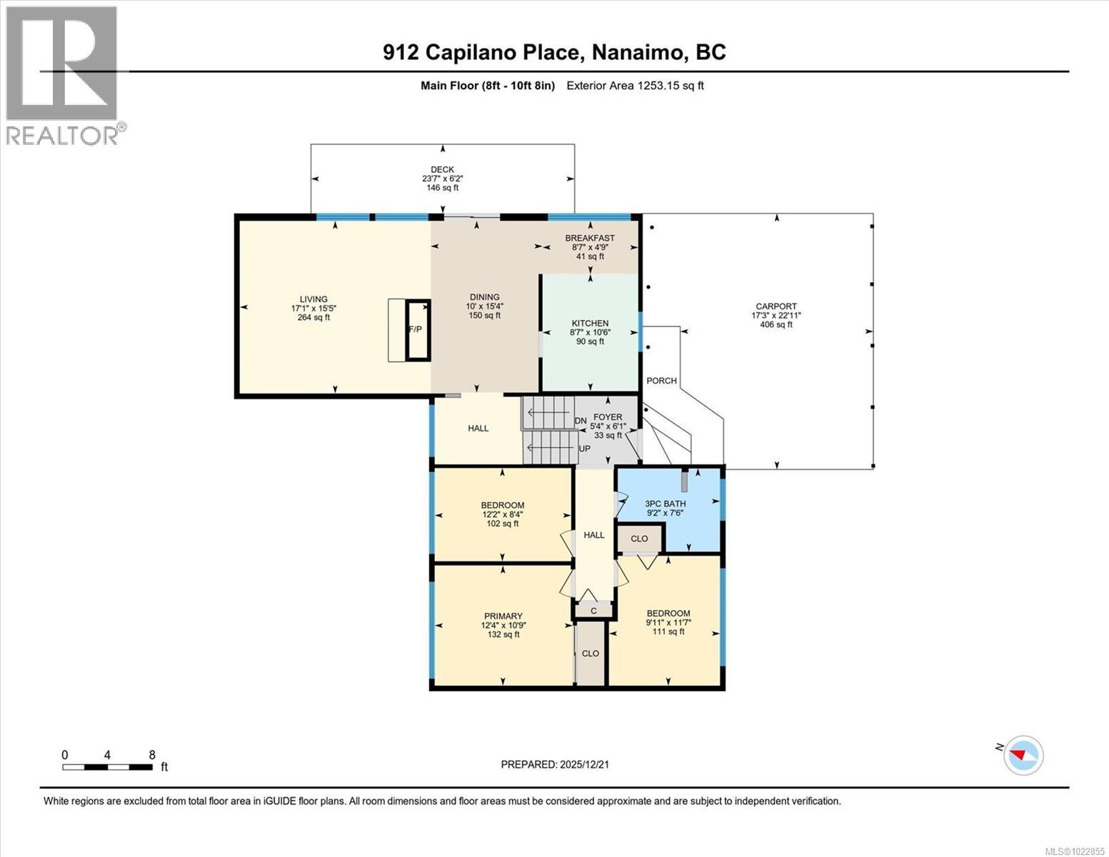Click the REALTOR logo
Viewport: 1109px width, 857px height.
[62, 74]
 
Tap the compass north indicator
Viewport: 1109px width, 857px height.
[1023, 755]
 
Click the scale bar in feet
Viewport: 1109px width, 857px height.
[107, 767]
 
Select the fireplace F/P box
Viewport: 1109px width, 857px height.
[418, 330]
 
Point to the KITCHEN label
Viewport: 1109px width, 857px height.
[590, 324]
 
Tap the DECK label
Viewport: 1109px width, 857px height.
[442, 170]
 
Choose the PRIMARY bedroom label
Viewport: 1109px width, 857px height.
[503, 616]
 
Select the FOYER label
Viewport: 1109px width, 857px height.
[608, 417]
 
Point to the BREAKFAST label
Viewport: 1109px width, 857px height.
[590, 239]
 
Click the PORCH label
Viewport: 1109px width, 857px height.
[661, 381]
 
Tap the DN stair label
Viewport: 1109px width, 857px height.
[581, 421]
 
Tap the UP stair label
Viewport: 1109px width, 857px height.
[584, 448]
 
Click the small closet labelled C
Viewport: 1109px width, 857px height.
[593, 611]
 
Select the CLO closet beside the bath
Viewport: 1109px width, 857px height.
[639, 539]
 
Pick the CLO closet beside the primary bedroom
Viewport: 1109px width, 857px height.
[591, 653]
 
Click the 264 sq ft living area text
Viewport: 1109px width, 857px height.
[313, 318]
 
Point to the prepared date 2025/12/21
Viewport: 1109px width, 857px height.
[555, 764]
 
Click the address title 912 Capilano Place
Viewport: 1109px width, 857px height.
[554, 52]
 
